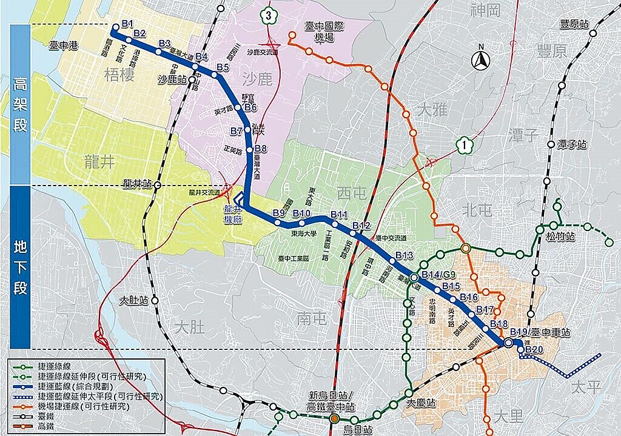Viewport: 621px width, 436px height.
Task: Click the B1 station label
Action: [x=127, y=24]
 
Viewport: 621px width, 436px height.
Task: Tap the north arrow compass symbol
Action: [x=482, y=59]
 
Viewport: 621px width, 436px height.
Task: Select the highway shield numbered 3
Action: [x=268, y=16]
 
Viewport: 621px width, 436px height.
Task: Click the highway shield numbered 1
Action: [x=463, y=145]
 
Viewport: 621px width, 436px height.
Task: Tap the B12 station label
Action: [x=361, y=226]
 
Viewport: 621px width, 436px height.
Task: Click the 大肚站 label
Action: [x=134, y=300]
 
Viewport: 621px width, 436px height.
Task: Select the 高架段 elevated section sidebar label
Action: [x=21, y=104]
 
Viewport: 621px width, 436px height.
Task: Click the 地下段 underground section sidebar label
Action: [x=21, y=267]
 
